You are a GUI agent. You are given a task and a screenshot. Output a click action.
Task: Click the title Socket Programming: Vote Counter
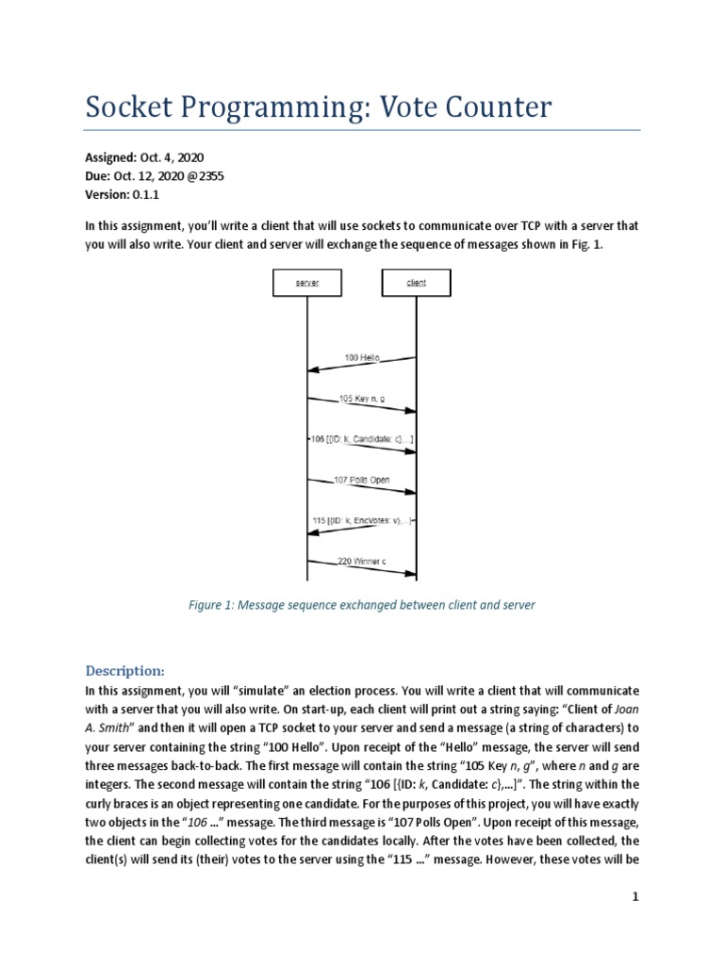[x=318, y=107]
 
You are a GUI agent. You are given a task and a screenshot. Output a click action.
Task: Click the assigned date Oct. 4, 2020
[x=172, y=157]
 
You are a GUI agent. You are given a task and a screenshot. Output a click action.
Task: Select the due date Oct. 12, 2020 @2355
[x=179, y=176]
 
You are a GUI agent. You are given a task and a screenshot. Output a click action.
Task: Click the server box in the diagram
[x=306, y=282]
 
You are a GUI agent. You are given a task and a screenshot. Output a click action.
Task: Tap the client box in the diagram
[x=416, y=282]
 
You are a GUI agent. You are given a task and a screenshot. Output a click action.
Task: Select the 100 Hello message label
[x=362, y=358]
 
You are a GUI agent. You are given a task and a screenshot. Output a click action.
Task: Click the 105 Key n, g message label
[x=361, y=399]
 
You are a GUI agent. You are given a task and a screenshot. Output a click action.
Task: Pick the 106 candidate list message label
[x=361, y=440]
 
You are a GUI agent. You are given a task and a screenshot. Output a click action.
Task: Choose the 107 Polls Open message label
[x=362, y=481]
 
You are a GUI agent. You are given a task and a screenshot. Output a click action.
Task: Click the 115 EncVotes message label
[x=362, y=521]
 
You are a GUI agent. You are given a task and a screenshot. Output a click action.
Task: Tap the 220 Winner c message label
[x=362, y=562]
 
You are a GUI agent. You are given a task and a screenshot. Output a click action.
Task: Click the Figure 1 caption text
[x=361, y=605]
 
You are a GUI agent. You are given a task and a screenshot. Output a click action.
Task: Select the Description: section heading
[x=125, y=671]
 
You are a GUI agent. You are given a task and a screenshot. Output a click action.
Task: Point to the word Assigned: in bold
[x=111, y=157]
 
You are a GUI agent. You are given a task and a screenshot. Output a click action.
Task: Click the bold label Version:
[x=108, y=194]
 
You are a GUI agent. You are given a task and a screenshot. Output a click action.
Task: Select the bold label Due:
[x=99, y=176]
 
